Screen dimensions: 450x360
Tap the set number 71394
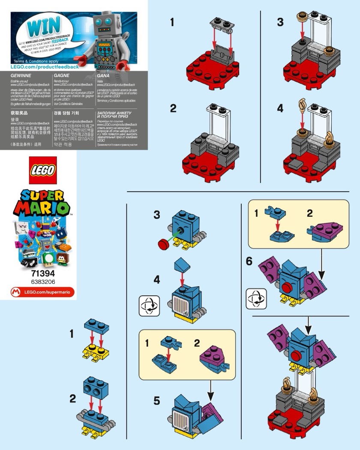[42, 273]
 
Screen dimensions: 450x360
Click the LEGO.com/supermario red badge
[42, 292]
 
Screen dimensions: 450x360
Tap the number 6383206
[42, 282]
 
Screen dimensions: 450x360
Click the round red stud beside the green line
[163, 244]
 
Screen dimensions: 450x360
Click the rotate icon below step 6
[256, 299]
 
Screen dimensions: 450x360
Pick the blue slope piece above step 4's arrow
[182, 267]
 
